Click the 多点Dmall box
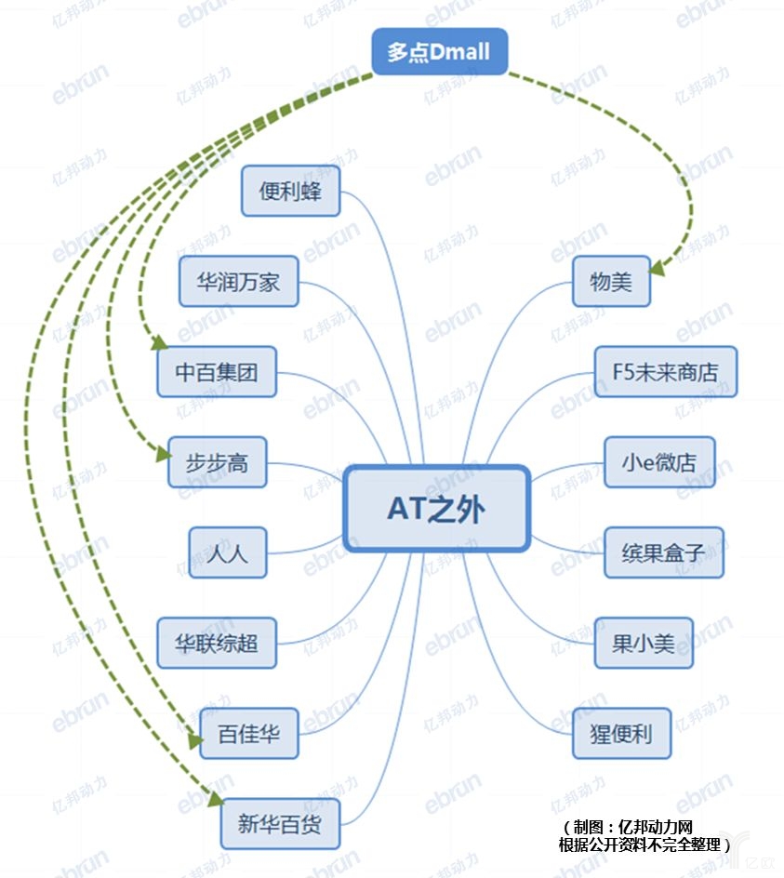click(439, 50)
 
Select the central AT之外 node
click(436, 509)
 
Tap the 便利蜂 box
click(290, 191)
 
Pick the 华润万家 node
click(239, 281)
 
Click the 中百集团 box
click(217, 372)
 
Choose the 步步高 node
click(217, 462)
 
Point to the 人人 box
click(227, 552)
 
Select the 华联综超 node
click(217, 643)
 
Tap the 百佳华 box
click(248, 733)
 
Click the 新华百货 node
click(280, 823)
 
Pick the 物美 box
click(611, 281)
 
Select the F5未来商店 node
click(665, 372)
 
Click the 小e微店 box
click(659, 462)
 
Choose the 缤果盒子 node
click(663, 552)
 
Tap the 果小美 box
click(644, 643)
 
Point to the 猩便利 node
click(620, 733)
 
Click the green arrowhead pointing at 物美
click(658, 268)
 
